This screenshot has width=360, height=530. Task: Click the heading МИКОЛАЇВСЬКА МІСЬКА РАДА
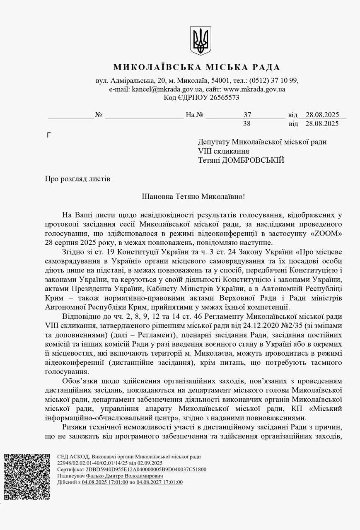[x=197, y=67]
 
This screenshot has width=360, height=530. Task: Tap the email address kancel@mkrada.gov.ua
[x=167, y=89]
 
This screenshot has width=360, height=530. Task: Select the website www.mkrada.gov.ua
[x=254, y=89]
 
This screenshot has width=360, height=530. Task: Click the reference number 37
[x=247, y=115]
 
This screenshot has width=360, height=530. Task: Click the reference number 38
[x=247, y=123]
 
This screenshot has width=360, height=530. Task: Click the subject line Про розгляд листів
[x=77, y=179]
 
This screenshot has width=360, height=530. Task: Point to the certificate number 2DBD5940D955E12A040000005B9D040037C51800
[x=146, y=469]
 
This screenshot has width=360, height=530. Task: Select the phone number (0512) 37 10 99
[x=273, y=80]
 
